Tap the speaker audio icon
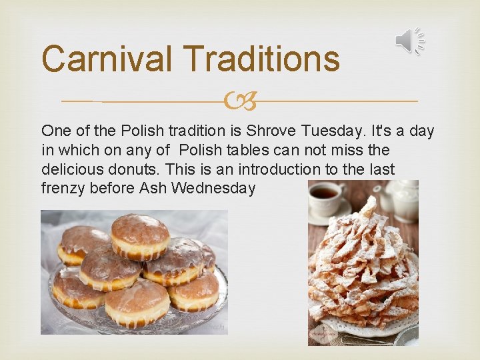tap(409, 41)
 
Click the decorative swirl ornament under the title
tap(240, 101)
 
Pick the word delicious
tap(69, 169)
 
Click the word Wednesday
tap(213, 189)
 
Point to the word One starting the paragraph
tap(56, 131)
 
